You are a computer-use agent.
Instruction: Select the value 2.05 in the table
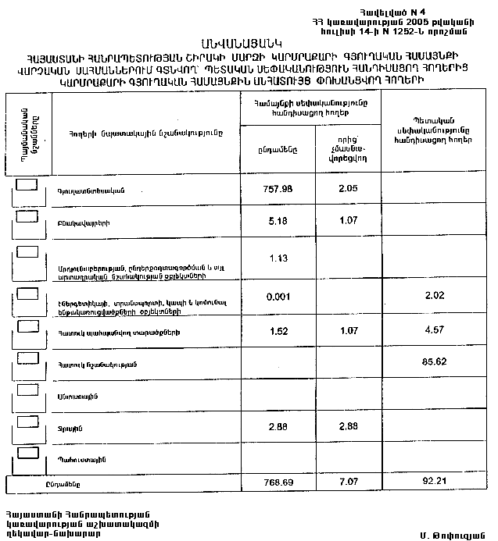point(348,187)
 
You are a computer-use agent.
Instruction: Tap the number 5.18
point(276,221)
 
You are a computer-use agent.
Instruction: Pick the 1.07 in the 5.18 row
point(348,221)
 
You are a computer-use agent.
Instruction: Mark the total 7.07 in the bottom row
point(348,482)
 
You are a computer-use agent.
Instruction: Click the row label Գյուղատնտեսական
point(91,191)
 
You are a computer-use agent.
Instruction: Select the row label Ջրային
point(66,428)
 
